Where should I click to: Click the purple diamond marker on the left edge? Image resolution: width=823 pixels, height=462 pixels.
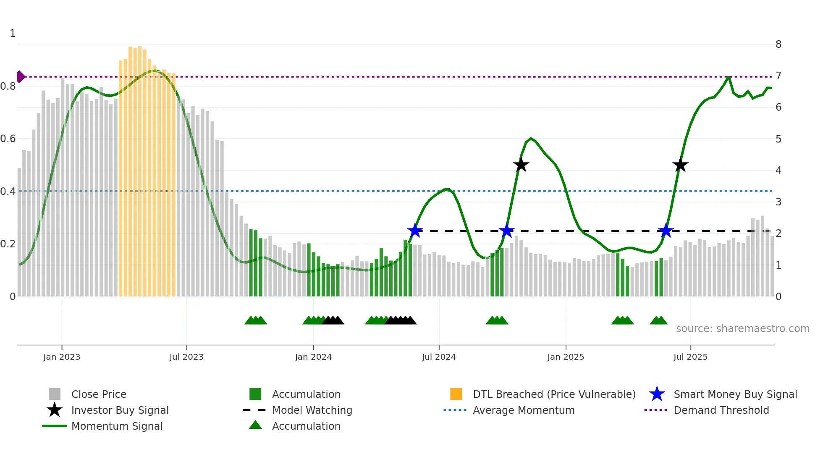tap(20, 77)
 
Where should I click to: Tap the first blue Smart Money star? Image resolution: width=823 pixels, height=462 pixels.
tap(415, 231)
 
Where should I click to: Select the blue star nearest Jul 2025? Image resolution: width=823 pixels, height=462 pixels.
tap(666, 231)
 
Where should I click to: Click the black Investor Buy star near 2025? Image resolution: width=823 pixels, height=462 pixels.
tap(521, 165)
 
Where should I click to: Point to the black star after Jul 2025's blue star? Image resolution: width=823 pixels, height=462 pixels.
tap(680, 165)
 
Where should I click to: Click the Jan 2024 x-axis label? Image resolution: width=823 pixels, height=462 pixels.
tap(313, 357)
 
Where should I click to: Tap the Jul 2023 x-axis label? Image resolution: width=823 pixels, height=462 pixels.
tap(186, 357)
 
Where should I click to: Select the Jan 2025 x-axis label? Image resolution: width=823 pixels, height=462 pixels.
tap(566, 357)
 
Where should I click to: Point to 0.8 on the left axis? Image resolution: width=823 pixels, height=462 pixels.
tap(8, 86)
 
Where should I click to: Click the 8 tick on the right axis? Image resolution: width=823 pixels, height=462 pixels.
tap(778, 44)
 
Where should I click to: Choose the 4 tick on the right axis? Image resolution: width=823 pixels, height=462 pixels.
tap(778, 171)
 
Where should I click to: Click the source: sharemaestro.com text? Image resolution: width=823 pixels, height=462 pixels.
tap(742, 329)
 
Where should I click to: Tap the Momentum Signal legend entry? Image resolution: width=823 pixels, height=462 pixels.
tap(117, 426)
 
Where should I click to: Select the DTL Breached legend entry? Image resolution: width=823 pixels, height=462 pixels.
tap(554, 394)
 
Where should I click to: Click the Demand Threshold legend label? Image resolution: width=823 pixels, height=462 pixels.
tap(721, 410)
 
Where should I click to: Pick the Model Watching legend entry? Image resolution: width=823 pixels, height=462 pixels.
tap(312, 410)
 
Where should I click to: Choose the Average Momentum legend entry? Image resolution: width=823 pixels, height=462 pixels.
tap(523, 410)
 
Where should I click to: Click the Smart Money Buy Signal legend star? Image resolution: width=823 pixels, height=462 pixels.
tap(657, 394)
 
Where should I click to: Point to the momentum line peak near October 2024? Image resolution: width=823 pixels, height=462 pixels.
tap(531, 138)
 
